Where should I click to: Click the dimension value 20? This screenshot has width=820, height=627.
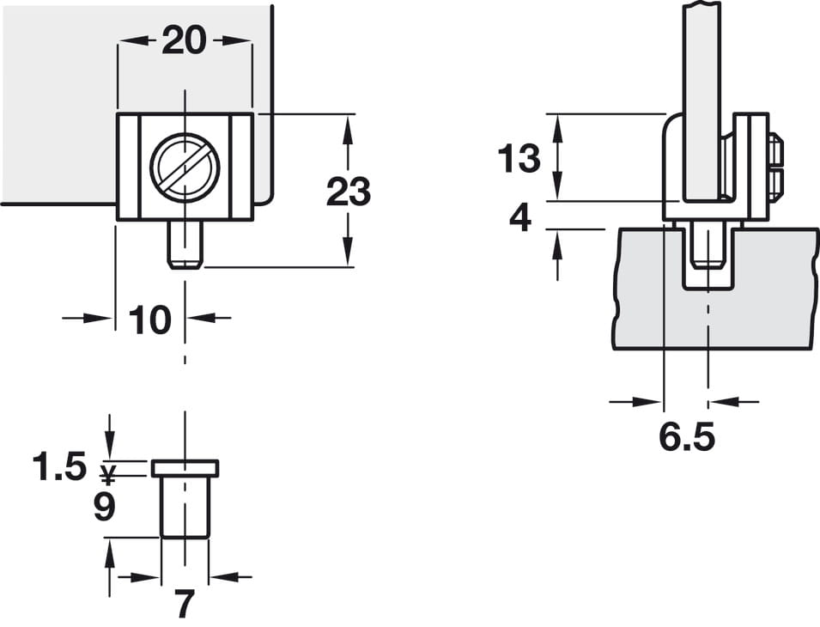pos(184,40)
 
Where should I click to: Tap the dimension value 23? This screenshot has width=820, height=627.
pos(349,192)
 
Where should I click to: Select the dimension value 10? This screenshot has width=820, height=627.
pos(149,320)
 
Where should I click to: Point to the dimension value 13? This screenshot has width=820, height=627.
pos(519,158)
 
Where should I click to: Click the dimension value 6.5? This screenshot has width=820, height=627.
pos(687,437)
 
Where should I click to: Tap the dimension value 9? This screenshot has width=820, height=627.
pos(105,506)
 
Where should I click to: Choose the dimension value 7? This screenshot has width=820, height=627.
pos(184,603)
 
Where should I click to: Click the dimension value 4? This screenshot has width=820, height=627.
pos(520,217)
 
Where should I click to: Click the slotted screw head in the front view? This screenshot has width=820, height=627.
pos(185,167)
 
